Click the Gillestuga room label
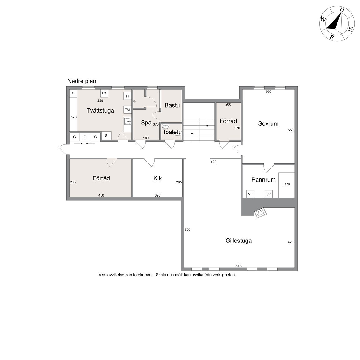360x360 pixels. click(x=238, y=241)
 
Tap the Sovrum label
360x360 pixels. click(x=268, y=123)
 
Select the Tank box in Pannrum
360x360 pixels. click(x=287, y=185)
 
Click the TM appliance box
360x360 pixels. click(x=127, y=110)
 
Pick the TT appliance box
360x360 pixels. click(x=127, y=96)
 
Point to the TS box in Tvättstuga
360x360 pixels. click(x=104, y=93)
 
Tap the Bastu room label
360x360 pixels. click(x=172, y=105)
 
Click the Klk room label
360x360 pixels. click(x=157, y=178)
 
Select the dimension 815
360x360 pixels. click(x=238, y=266)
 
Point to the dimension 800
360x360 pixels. click(x=187, y=229)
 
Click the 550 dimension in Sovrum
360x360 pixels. click(x=291, y=130)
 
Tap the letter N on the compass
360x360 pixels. click(x=342, y=10)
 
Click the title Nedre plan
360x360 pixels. click(x=82, y=81)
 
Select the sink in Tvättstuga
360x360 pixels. click(x=127, y=121)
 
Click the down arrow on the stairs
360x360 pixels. click(x=207, y=123)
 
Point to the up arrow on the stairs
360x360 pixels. click(x=192, y=136)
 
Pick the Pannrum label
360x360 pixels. click(x=263, y=180)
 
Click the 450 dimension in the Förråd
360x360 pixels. click(x=101, y=195)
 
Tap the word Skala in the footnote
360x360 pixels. click(x=161, y=275)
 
